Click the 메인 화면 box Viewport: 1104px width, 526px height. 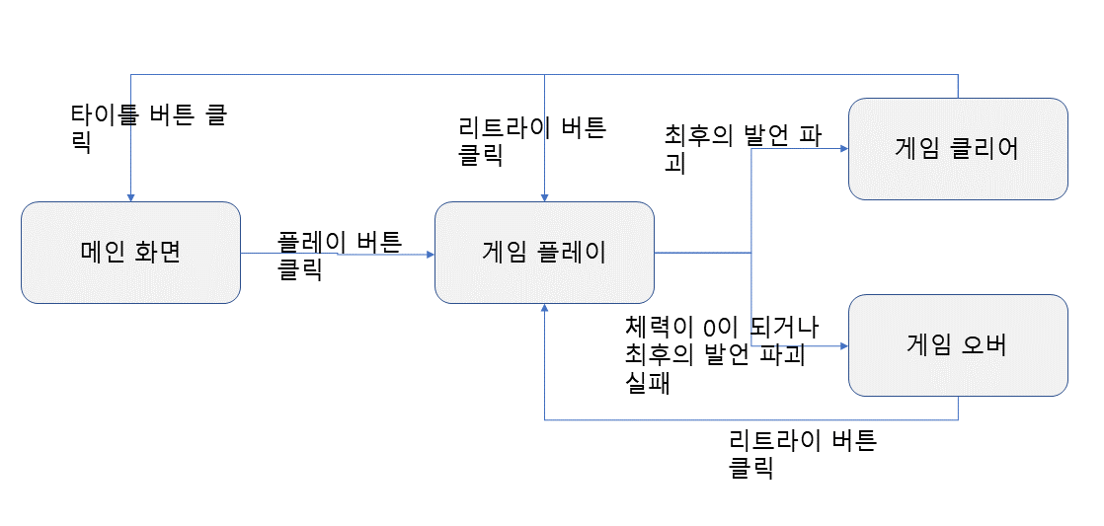tap(130, 253)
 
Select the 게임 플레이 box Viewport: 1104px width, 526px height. tap(544, 253)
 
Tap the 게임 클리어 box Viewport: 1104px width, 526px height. tap(958, 149)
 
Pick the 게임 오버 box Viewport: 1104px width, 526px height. tap(958, 345)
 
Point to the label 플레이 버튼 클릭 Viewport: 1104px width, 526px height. tap(339, 255)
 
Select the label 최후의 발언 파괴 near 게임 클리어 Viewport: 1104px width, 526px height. tap(743, 148)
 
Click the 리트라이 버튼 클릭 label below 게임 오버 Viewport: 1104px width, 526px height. tap(802, 453)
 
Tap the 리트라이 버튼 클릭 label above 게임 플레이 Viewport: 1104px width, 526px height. tap(532, 140)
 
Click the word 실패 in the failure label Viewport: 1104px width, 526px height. tap(647, 384)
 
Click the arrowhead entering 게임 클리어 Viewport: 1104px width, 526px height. tap(843, 149)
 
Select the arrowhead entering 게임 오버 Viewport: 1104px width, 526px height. tap(843, 345)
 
